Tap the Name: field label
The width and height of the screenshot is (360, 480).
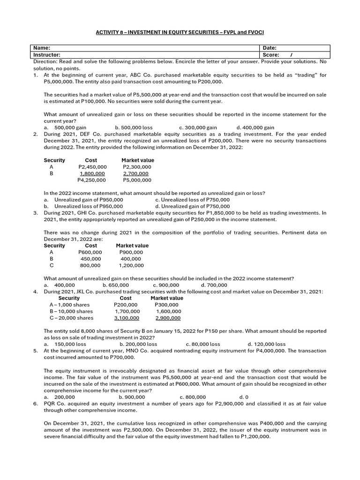[41, 48]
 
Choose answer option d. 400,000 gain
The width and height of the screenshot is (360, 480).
[255, 127]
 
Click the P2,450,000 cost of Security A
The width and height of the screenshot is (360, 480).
[92, 167]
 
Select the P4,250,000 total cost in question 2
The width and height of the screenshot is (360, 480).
[91, 180]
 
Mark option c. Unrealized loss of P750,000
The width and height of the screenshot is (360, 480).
[192, 200]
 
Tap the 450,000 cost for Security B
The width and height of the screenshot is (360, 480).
[90, 259]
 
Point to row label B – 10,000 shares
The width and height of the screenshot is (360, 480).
[71, 311]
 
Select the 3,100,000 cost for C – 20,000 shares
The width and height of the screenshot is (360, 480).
[127, 318]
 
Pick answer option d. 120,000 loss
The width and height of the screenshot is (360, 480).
[266, 344]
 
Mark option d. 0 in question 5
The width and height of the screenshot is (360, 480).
[243, 397]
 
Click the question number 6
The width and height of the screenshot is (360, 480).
[36, 403]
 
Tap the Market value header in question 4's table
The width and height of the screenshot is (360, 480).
[167, 298]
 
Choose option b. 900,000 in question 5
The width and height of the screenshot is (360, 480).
[132, 397]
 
